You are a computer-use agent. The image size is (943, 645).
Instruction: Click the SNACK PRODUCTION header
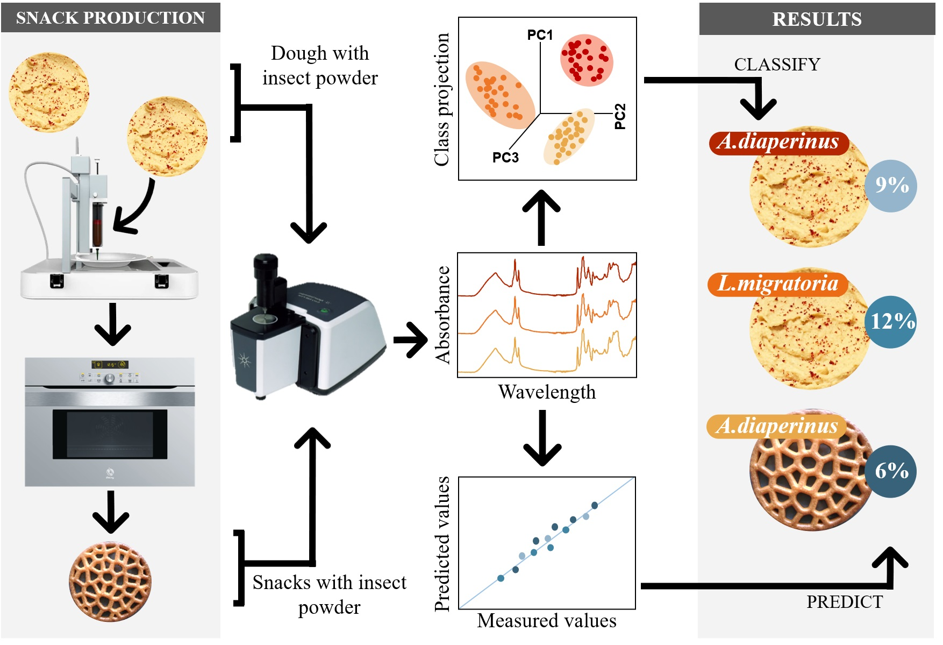coord(110,18)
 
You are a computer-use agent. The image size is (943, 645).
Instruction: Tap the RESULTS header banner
coord(816,19)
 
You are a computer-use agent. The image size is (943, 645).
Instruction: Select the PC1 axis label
coord(540,35)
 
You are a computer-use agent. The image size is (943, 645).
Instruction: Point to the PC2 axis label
coord(620,116)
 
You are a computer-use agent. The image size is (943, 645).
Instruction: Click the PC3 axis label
coord(505,158)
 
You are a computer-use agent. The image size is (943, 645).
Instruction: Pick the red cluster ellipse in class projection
coord(587,60)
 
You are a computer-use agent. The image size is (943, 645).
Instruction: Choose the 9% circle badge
coord(891,186)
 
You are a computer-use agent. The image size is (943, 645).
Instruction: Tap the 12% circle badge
coord(891,322)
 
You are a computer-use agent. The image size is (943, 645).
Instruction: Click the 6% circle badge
coord(891,471)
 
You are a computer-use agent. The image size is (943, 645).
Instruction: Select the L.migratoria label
coord(777,284)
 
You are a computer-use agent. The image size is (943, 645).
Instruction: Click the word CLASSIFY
coord(777,65)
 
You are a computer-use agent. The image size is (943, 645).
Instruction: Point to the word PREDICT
coord(844,602)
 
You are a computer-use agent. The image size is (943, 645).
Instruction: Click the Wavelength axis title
coord(547,392)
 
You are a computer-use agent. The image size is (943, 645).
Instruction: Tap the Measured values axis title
coord(546,621)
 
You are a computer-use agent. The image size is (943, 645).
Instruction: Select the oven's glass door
coord(110,434)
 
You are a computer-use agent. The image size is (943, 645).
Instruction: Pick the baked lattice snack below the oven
coord(110,582)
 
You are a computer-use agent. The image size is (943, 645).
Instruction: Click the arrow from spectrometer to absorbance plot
coord(410,339)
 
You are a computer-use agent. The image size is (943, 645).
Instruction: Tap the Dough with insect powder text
coord(320,66)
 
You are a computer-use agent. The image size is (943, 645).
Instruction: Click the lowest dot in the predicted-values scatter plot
coord(501,578)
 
